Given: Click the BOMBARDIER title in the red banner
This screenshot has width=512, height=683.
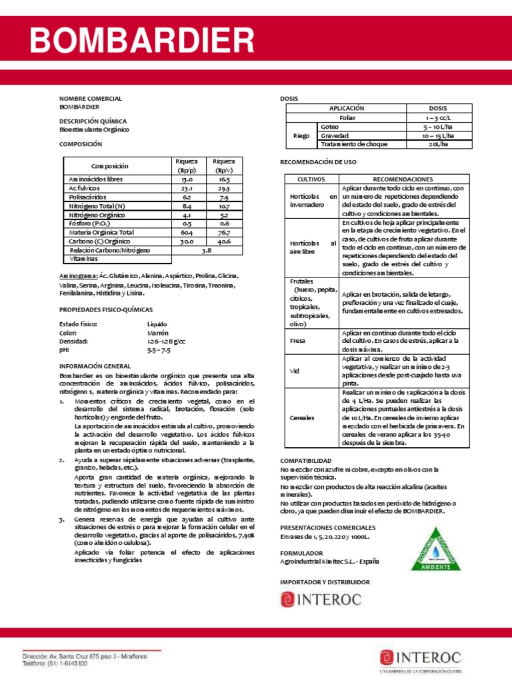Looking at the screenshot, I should tap(142, 41).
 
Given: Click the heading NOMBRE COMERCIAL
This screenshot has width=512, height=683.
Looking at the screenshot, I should tap(91, 98).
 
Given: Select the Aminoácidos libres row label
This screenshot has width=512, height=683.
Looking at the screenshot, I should tap(96, 179).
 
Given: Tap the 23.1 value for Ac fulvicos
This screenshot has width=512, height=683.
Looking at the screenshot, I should tap(187, 189).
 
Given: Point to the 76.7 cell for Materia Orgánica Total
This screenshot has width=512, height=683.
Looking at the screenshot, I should tap(223, 232).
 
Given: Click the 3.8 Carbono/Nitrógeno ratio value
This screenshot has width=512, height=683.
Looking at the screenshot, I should tap(206, 250).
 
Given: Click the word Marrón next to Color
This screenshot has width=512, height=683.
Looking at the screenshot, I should tap(158, 332).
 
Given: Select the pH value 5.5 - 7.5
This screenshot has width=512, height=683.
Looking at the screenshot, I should tap(159, 350).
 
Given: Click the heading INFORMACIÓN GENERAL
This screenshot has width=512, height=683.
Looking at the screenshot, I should tap(96, 366).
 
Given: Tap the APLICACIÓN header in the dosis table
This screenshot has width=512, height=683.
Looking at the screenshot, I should tap(347, 108).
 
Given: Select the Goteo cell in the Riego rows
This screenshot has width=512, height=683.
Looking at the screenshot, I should tap(330, 126).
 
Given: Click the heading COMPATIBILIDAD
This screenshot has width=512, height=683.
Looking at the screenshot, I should tap(305, 461).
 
